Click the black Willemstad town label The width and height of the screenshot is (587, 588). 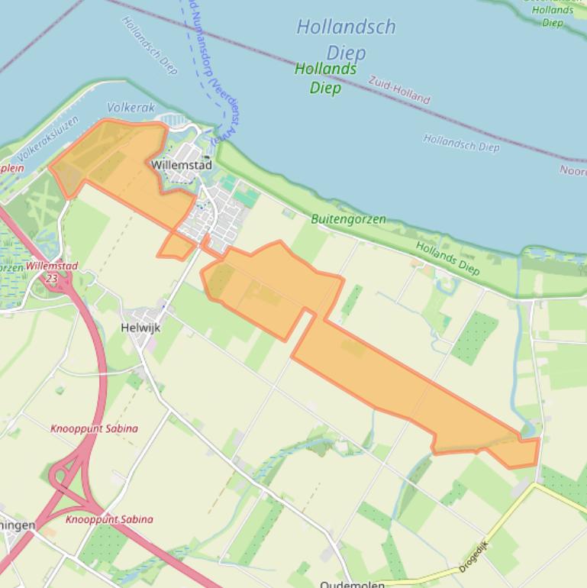tap(181, 165)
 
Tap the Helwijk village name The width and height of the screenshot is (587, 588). tap(140, 328)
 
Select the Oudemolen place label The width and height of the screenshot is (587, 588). tap(352, 583)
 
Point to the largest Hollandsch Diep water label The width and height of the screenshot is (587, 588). tap(346, 39)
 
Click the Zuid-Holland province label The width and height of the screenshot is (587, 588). tap(399, 89)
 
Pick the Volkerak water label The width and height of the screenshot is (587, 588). tap(131, 108)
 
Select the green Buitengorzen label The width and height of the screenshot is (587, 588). tap(348, 219)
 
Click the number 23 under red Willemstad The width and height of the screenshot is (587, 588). tap(51, 279)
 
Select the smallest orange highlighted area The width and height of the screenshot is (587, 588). tap(176, 246)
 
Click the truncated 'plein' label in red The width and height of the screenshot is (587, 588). tap(11, 168)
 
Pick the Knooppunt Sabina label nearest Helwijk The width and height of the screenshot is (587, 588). tap(94, 428)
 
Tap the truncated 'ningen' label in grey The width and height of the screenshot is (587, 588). tap(17, 525)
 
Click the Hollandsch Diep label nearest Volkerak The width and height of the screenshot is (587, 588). tap(150, 45)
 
